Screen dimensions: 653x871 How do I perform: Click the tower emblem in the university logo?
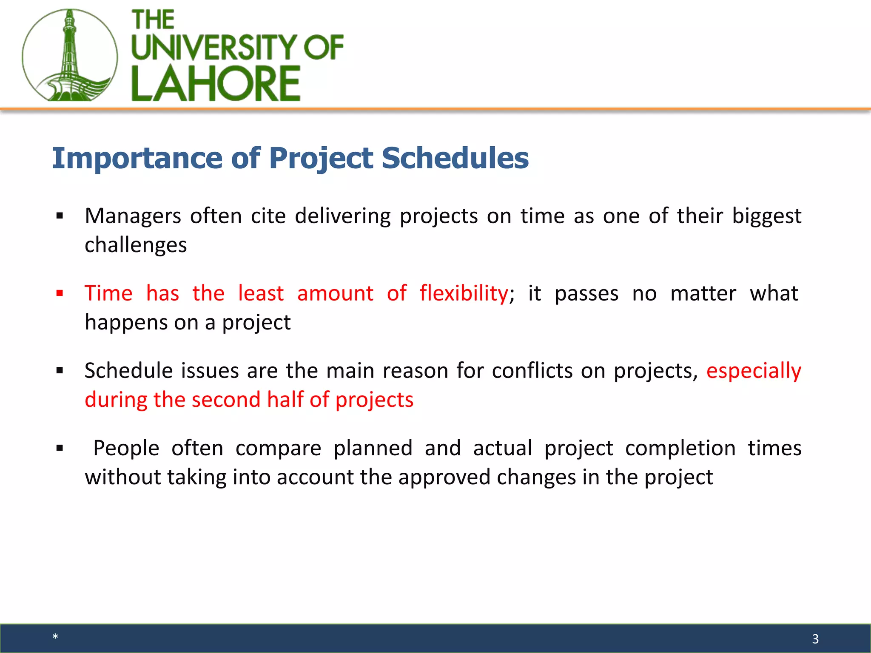[x=69, y=55]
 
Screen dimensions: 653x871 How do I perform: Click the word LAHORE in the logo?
[x=216, y=84]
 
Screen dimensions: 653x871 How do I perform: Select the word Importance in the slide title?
[x=137, y=158]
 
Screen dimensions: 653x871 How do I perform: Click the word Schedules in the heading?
[x=455, y=158]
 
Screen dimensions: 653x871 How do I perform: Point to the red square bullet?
[x=60, y=293]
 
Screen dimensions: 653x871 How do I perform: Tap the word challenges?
[x=136, y=245]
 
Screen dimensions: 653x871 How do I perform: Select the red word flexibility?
[x=464, y=294]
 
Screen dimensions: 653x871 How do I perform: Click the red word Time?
[x=108, y=294]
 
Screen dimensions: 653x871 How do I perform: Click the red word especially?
[x=754, y=371]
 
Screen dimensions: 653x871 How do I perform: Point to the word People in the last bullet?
[x=126, y=449]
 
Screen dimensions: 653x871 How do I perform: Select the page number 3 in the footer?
[x=815, y=639]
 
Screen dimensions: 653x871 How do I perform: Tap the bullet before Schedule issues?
[x=60, y=371]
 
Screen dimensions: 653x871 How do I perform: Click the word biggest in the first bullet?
[x=766, y=216]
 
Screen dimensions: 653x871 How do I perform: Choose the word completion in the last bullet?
[x=680, y=449]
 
